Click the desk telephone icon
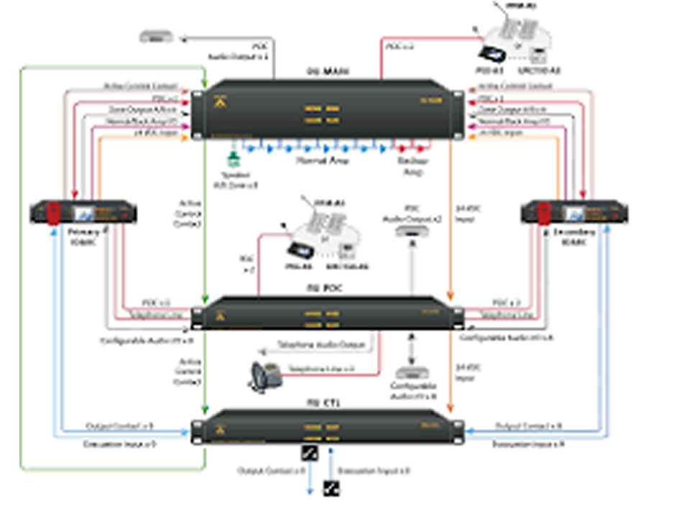(260, 377)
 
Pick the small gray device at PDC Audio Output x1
(153, 36)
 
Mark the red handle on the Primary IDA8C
(51, 213)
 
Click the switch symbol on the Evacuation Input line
(331, 488)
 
